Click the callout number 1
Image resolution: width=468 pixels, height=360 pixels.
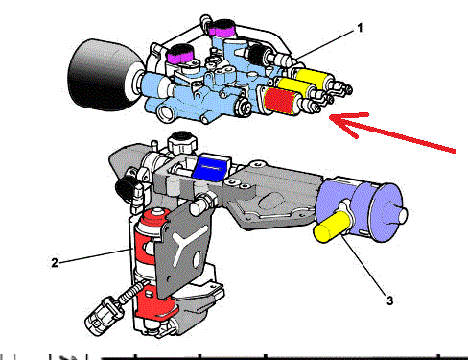(x=360, y=28)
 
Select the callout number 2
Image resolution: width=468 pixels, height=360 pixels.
(x=55, y=263)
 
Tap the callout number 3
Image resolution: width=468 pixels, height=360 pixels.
(x=389, y=300)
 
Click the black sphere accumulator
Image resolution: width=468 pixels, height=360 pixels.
(x=102, y=75)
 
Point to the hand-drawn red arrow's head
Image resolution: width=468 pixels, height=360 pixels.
(x=333, y=118)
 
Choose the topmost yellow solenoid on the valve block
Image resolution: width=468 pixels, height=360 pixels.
(x=312, y=77)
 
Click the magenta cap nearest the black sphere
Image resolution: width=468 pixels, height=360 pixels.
(x=180, y=55)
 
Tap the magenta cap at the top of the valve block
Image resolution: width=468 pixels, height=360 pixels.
(x=222, y=29)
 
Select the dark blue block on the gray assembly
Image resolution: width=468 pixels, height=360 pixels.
(x=211, y=169)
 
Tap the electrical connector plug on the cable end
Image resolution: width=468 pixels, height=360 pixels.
(x=99, y=316)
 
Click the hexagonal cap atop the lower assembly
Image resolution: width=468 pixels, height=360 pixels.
(x=182, y=143)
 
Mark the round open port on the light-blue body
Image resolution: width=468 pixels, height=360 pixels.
(x=166, y=112)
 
